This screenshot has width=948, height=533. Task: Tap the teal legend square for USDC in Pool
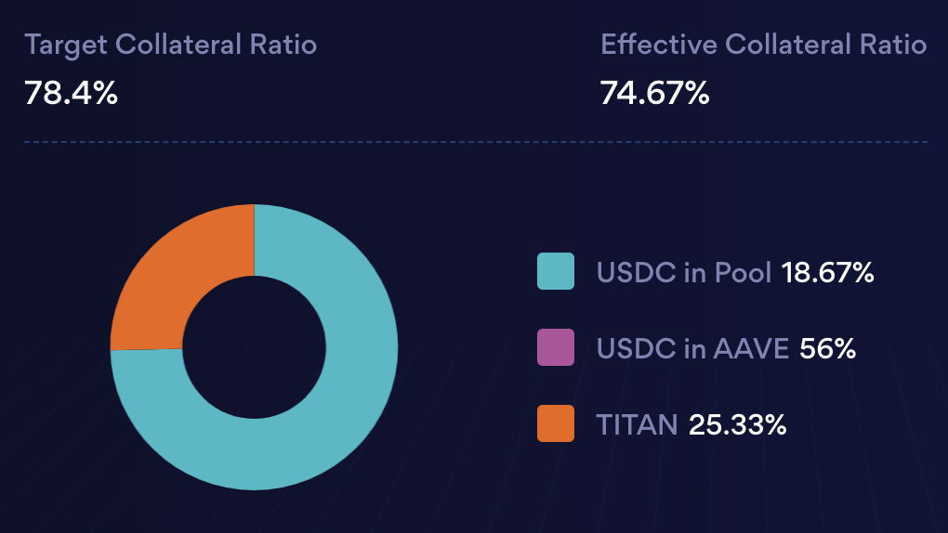coord(556,271)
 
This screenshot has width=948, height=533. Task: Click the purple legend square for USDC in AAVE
coord(556,347)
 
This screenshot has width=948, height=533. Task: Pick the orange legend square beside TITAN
coord(556,423)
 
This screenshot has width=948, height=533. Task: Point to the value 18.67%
coord(827,272)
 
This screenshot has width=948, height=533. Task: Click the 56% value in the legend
coord(827,348)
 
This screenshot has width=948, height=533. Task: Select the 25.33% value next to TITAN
coord(737,424)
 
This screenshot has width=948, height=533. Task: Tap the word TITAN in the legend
coord(637,424)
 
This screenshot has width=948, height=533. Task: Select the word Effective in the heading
coord(658,45)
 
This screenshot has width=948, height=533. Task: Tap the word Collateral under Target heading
coord(182,45)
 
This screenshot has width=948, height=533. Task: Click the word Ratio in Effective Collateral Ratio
coord(894,45)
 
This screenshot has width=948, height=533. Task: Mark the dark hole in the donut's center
coord(254,347)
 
